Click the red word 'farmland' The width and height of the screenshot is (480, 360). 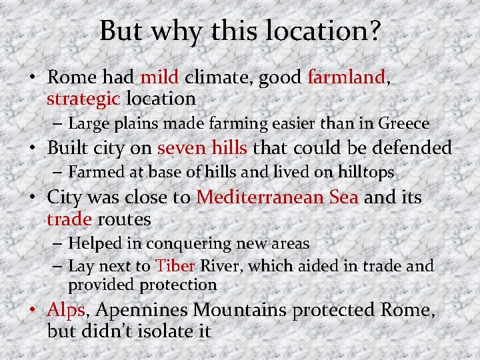tap(346, 78)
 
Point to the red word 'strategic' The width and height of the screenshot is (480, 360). tap(83, 99)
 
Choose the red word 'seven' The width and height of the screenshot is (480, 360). tap(181, 148)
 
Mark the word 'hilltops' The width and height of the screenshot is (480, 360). tap(363, 172)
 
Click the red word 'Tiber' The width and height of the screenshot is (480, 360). tap(175, 266)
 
